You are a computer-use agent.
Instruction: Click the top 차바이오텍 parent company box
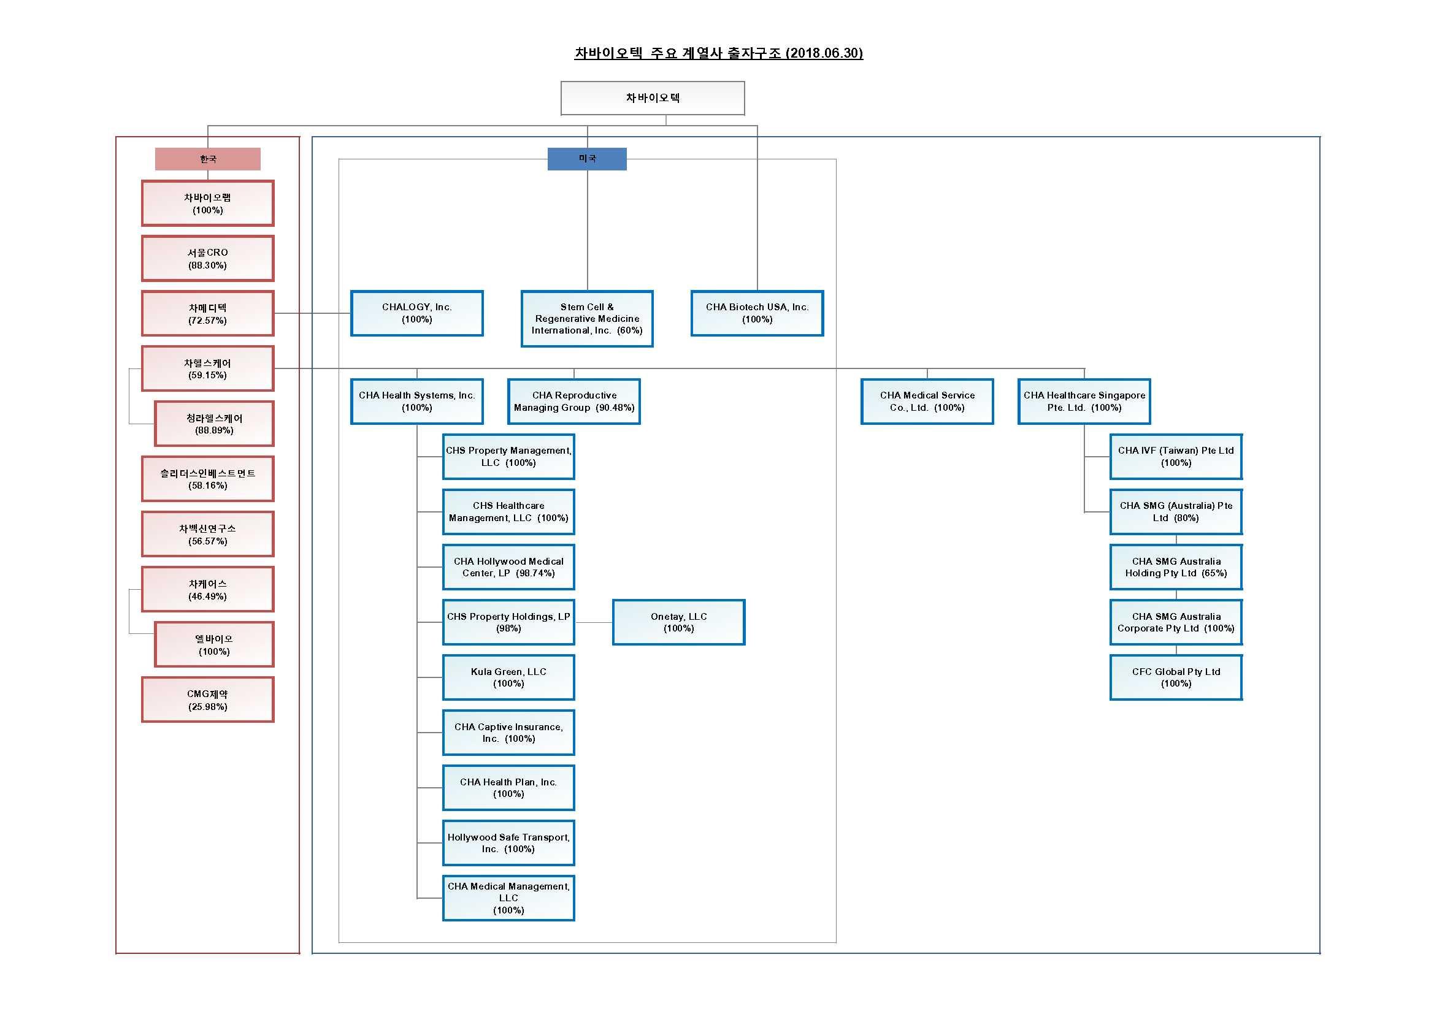click(x=652, y=98)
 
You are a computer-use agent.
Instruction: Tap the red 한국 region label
click(x=207, y=159)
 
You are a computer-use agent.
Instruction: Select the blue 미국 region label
click(x=586, y=159)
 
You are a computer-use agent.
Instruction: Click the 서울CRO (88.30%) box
click(x=207, y=259)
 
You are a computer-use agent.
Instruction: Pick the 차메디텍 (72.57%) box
click(x=207, y=313)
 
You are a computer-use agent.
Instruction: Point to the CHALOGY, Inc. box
click(x=416, y=313)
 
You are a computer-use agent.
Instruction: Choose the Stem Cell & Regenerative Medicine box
click(x=586, y=318)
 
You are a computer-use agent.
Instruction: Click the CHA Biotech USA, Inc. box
click(x=757, y=313)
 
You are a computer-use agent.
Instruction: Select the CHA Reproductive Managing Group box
click(x=573, y=402)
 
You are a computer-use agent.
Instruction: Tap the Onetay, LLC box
click(x=678, y=622)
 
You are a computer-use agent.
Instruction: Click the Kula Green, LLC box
click(x=508, y=677)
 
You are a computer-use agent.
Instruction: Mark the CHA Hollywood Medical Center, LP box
click(x=508, y=567)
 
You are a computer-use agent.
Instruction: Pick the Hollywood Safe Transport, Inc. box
click(x=508, y=843)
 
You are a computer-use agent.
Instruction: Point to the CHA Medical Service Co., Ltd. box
click(x=927, y=402)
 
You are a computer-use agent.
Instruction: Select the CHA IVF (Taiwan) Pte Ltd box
click(x=1175, y=457)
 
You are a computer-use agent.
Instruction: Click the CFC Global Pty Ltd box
click(x=1175, y=677)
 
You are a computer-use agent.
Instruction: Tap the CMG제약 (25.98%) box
click(x=207, y=700)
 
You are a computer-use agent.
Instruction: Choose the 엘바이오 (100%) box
click(x=213, y=644)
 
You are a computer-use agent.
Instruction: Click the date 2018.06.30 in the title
click(x=824, y=53)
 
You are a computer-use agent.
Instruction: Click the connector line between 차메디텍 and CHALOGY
click(x=312, y=313)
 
